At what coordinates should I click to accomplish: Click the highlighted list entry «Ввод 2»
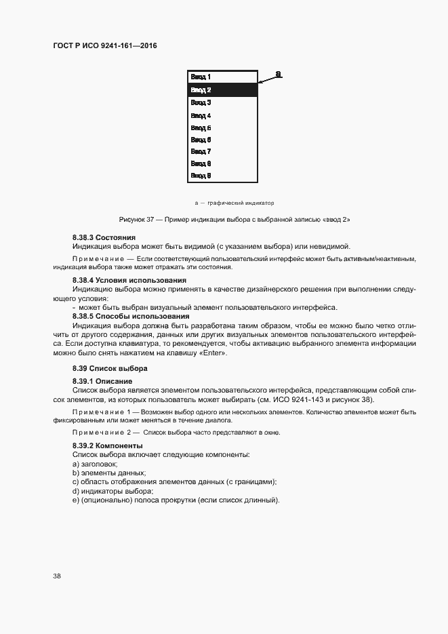point(201,90)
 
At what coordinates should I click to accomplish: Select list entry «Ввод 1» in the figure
point(201,77)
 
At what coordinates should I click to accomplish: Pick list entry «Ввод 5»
point(201,127)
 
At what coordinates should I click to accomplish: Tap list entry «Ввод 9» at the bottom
point(201,176)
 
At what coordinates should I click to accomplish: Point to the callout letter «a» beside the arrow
point(279,73)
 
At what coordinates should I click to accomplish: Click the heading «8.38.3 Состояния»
point(104,237)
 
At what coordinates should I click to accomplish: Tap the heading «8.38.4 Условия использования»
point(129,279)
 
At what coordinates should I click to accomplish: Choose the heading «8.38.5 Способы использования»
point(131,316)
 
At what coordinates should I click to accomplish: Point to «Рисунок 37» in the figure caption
point(136,220)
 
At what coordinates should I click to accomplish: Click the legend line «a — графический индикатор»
point(234,203)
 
